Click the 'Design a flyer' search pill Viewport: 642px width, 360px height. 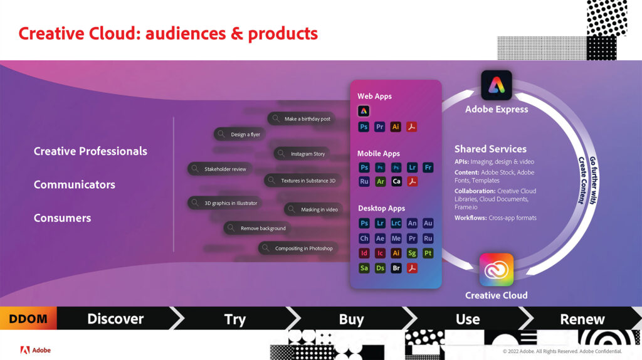(x=239, y=134)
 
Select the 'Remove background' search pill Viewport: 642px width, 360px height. (x=257, y=228)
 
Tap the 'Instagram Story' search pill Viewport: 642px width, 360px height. (x=302, y=154)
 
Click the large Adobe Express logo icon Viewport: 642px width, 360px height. (x=497, y=85)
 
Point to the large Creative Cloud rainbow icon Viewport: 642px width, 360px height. (x=497, y=270)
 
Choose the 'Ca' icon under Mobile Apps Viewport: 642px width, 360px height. (x=396, y=181)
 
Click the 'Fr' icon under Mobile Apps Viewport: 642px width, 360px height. (x=428, y=167)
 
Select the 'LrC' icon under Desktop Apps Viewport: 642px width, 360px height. (x=396, y=223)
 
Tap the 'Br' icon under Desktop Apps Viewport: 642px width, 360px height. (x=396, y=268)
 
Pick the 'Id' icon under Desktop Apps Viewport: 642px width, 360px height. (x=364, y=253)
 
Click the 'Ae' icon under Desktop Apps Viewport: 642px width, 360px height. (x=380, y=238)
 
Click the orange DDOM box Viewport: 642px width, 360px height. (x=28, y=318)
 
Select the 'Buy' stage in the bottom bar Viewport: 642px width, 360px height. (x=351, y=319)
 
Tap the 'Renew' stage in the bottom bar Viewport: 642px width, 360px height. (x=582, y=319)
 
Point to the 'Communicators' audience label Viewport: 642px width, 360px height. (x=75, y=184)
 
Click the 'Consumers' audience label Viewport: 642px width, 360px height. (x=62, y=218)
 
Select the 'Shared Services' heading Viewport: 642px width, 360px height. (x=490, y=149)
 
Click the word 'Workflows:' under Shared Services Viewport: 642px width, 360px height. (x=470, y=218)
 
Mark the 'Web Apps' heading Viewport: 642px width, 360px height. (x=375, y=96)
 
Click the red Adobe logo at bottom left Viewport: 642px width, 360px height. (x=25, y=350)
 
